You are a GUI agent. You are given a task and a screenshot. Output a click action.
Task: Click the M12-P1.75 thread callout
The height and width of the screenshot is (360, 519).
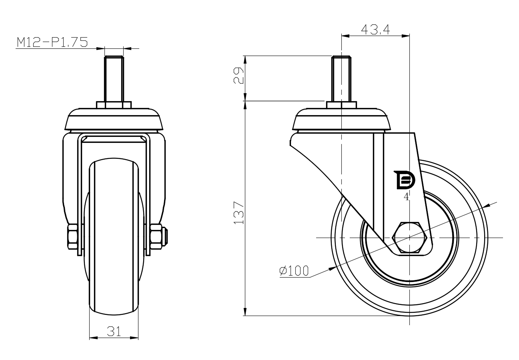[52, 42]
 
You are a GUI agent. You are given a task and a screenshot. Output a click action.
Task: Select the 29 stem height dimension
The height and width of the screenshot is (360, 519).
[239, 76]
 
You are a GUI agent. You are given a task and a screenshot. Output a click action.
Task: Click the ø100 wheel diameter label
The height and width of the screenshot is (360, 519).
[295, 271]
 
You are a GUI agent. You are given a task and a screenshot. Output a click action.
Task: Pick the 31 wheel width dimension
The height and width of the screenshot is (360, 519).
[114, 331]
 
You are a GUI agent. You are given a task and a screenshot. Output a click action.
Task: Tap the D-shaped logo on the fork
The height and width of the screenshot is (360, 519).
[405, 180]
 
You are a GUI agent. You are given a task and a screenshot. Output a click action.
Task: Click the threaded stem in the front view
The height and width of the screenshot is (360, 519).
[114, 79]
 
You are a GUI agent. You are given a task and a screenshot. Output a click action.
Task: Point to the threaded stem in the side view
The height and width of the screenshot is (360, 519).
[341, 79]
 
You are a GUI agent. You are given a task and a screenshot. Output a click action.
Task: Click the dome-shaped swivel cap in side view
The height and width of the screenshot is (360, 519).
[341, 119]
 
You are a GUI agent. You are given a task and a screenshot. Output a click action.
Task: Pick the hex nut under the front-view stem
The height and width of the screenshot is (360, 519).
[114, 105]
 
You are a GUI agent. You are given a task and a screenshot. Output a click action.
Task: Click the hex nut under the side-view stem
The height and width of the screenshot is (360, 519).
[341, 105]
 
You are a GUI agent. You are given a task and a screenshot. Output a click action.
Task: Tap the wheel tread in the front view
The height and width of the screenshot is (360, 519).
[114, 236]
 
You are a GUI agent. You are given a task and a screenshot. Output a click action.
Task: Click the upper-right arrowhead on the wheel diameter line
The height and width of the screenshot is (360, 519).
[487, 206]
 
